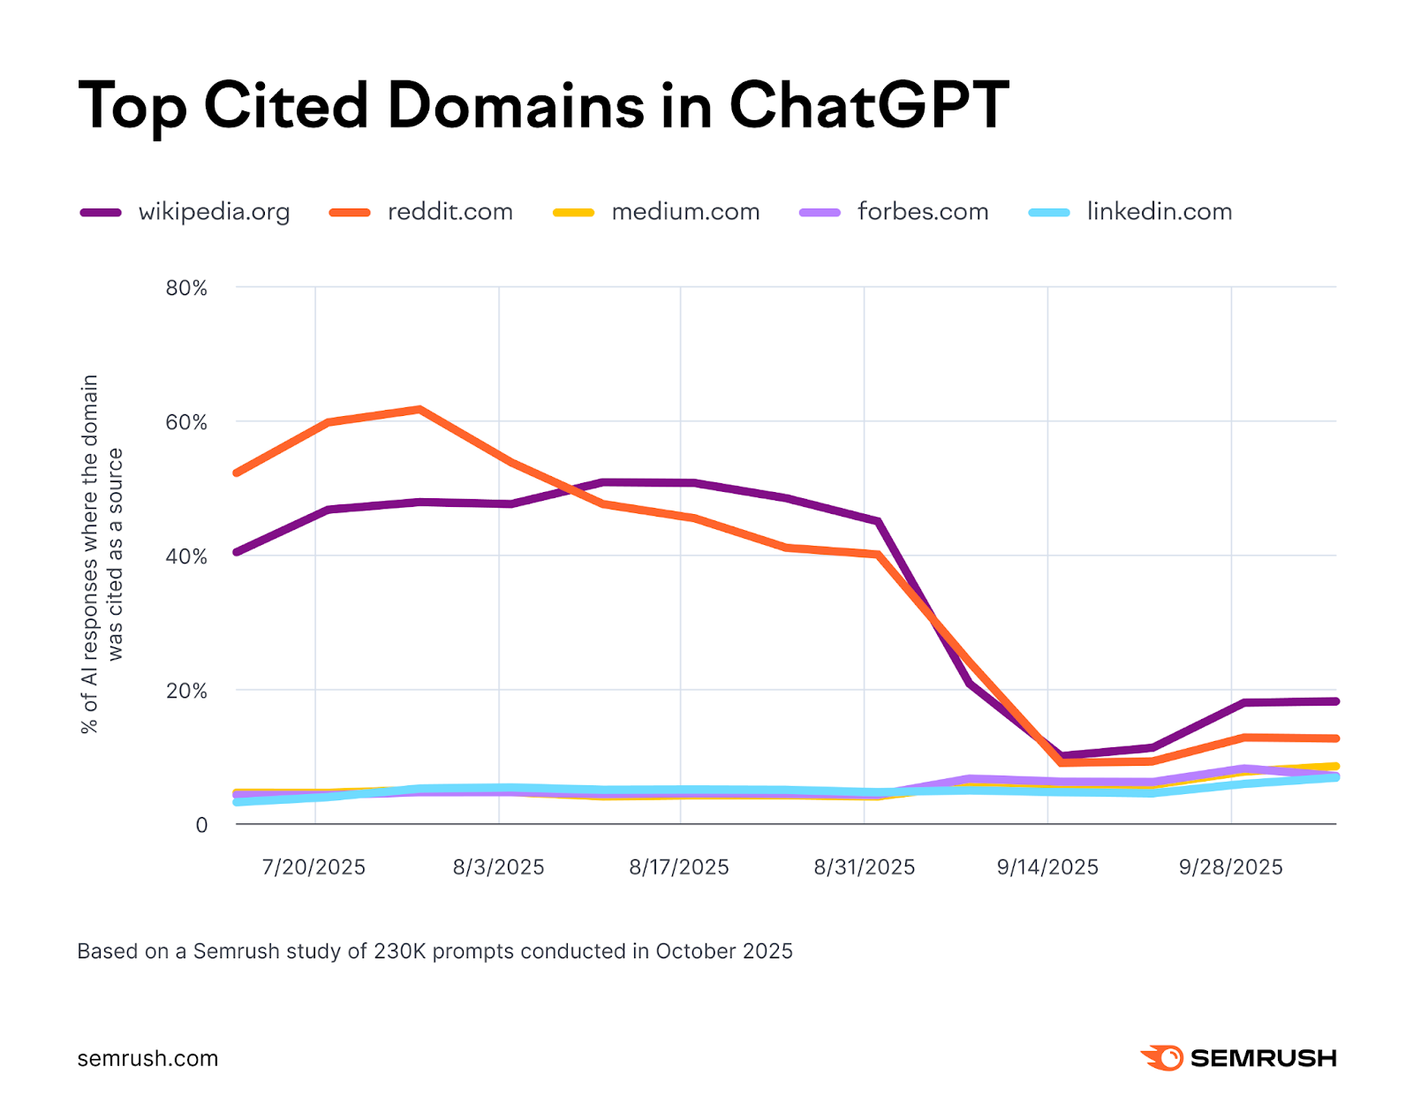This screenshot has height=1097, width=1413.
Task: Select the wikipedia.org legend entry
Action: click(x=214, y=212)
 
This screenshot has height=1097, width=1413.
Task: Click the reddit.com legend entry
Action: click(x=450, y=212)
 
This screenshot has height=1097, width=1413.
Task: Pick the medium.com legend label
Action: click(x=685, y=212)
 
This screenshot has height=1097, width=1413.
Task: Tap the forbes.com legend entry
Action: click(x=922, y=212)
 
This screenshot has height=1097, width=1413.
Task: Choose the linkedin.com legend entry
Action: click(x=1159, y=212)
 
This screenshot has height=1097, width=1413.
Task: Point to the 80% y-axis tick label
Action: click(x=186, y=288)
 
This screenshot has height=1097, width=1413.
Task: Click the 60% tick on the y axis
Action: click(x=186, y=422)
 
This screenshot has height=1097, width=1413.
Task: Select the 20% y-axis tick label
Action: click(x=186, y=691)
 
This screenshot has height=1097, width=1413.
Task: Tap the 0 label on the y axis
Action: click(x=201, y=825)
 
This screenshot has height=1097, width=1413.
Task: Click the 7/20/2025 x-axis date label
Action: click(x=314, y=867)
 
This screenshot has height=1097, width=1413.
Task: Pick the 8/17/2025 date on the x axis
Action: click(x=679, y=867)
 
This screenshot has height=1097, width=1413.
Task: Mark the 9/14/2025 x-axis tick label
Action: click(x=1047, y=867)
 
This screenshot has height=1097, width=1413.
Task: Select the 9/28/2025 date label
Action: click(x=1230, y=867)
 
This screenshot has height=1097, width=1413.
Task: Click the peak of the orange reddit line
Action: click(x=419, y=409)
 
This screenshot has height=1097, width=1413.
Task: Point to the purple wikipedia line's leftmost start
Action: click(x=237, y=552)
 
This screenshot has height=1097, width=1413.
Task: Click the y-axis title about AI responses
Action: click(x=102, y=555)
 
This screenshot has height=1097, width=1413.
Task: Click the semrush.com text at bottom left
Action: click(x=147, y=1058)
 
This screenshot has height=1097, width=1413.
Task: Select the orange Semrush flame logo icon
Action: click(x=1162, y=1057)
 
